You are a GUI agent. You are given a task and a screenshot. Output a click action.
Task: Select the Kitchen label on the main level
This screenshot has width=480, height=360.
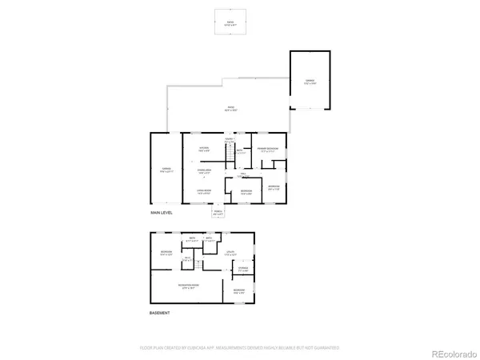[x=204, y=149]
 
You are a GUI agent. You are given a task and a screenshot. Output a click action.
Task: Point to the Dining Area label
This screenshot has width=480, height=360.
[x=204, y=170]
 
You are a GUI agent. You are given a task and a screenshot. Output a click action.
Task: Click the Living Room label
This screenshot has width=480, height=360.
[x=204, y=191]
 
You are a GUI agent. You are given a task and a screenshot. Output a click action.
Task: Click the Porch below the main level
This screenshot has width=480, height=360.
[x=218, y=213]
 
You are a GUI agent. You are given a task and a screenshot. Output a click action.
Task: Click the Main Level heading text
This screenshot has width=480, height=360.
[x=162, y=214]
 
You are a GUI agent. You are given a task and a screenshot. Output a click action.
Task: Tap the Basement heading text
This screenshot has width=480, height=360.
[x=160, y=314]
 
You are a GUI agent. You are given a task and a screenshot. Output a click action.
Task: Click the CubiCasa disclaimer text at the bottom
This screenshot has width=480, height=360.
[x=240, y=348]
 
